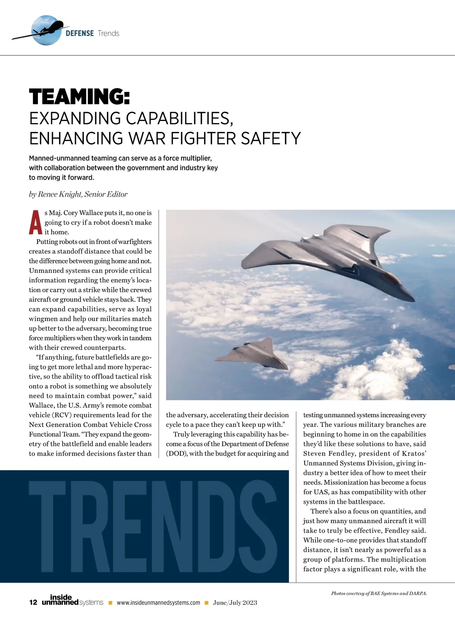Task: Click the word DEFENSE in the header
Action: coord(80,33)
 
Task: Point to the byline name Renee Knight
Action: coord(60,194)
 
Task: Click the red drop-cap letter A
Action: coord(36,223)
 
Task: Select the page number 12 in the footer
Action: coord(33,602)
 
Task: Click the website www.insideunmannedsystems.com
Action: coord(158,603)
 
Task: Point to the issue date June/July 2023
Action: coord(235,603)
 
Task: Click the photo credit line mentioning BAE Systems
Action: coord(379,593)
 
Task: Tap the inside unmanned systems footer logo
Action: coord(72,600)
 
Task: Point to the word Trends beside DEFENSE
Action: coord(108,33)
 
